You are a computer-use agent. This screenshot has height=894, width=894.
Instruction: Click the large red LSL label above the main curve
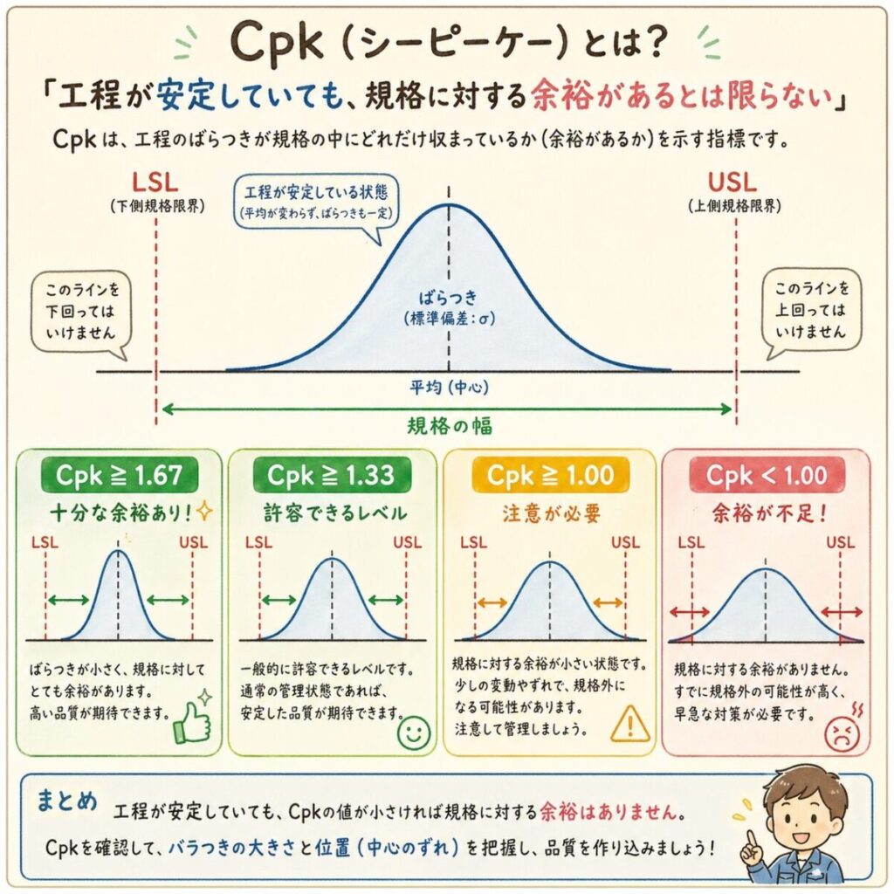(156, 184)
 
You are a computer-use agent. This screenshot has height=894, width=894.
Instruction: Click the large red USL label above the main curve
(733, 184)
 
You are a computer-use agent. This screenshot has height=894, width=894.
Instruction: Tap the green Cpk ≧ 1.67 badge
(120, 476)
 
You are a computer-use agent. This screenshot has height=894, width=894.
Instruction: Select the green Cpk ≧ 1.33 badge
(331, 476)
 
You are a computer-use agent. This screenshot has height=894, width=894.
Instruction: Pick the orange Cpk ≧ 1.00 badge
(550, 476)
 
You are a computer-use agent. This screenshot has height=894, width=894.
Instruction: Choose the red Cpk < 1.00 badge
(766, 476)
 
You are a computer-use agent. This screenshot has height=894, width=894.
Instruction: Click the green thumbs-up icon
(193, 720)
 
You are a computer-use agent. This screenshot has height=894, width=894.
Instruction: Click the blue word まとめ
(66, 801)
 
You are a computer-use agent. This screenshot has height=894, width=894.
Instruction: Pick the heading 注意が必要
(550, 513)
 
